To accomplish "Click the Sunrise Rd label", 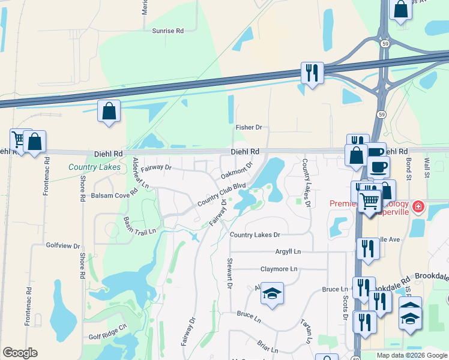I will (167, 31).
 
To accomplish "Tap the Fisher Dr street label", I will (249, 127).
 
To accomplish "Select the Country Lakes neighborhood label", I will (94, 167).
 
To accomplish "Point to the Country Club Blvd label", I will (222, 194).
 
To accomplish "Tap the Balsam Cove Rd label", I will (114, 195).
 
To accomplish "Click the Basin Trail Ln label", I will (140, 223).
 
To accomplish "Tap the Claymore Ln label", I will (279, 269).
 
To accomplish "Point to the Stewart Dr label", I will (229, 274).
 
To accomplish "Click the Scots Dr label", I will (345, 306).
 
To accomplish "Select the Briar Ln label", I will (268, 346).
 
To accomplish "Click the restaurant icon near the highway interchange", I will (312, 73).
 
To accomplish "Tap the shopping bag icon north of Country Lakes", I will (109, 110).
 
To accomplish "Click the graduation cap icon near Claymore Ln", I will (272, 293).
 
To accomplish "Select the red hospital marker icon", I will (418, 209).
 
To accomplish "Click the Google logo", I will (20, 353).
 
